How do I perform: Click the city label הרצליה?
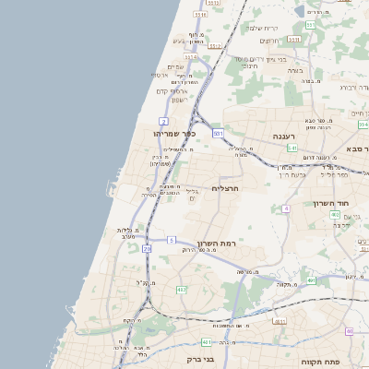point(225,188)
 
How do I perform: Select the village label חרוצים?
point(268,41)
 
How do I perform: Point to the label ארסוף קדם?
point(173,90)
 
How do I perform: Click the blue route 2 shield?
point(163,121)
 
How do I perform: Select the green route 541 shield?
point(292,148)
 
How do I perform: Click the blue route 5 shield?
point(171,240)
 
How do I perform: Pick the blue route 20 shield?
point(147,248)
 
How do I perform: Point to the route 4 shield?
point(287,209)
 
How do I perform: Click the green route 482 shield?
point(182,290)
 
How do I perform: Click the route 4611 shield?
point(279,322)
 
